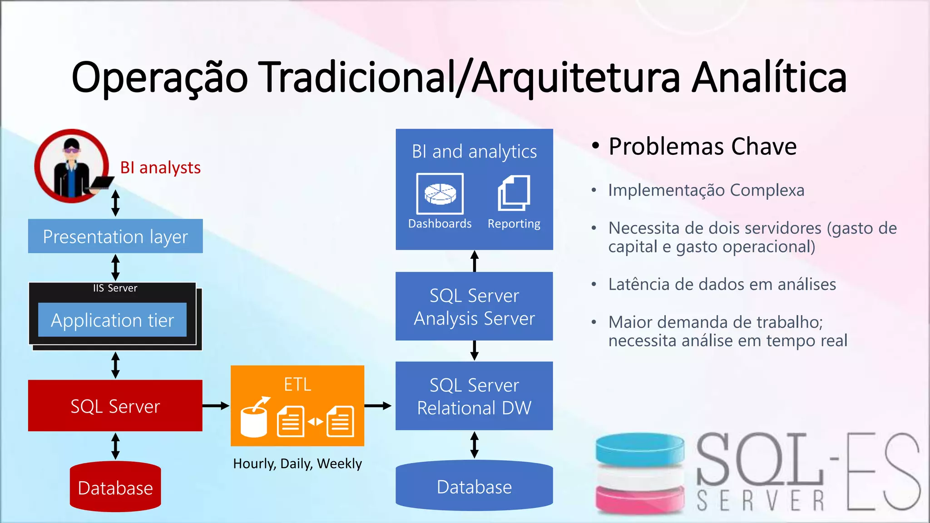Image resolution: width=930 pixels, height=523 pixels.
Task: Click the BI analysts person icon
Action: pyautogui.click(x=72, y=166)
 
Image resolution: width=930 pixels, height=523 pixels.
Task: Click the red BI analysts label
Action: pyautogui.click(x=160, y=168)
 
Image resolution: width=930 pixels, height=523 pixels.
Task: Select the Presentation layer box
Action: pyautogui.click(x=115, y=236)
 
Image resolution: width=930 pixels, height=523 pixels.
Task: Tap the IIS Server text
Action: pyautogui.click(x=115, y=288)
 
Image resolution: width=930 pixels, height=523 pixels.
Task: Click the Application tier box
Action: pyautogui.click(x=112, y=320)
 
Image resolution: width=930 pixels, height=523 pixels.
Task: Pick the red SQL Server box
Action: pyautogui.click(x=115, y=405)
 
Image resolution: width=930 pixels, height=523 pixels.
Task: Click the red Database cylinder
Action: pyautogui.click(x=115, y=487)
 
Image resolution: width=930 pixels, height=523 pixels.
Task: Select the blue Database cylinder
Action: pyautogui.click(x=474, y=486)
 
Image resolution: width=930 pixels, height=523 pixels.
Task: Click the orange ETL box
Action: pyautogui.click(x=297, y=405)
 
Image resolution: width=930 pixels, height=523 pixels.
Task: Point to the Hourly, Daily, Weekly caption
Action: pyautogui.click(x=297, y=464)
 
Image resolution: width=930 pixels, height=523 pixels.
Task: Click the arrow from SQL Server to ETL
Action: pyautogui.click(x=216, y=405)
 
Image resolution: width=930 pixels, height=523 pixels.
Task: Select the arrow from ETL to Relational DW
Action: pyautogui.click(x=378, y=405)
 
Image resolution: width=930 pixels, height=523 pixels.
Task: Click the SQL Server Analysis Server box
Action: pyautogui.click(x=474, y=306)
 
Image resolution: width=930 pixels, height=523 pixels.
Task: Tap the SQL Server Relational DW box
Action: pyautogui.click(x=474, y=396)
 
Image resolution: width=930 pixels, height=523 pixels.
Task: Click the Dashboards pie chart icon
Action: pyautogui.click(x=440, y=193)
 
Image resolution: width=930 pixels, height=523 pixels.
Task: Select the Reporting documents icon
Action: pyautogui.click(x=514, y=193)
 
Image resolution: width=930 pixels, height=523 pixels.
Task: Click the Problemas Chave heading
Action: pyautogui.click(x=702, y=146)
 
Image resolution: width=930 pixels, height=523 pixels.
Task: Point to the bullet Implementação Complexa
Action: pyautogui.click(x=706, y=190)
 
